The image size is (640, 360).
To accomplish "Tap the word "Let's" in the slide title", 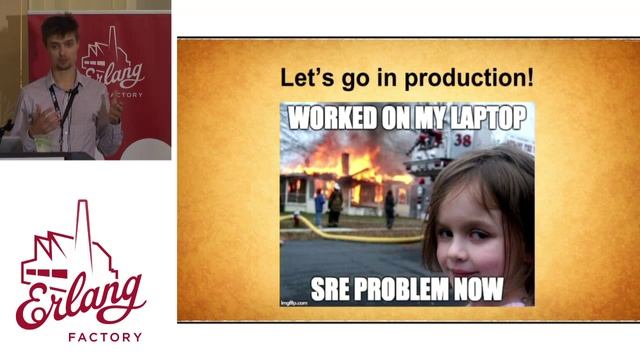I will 302,77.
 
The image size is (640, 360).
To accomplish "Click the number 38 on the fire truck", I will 462,141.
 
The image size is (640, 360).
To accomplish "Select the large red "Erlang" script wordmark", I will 80,296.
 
